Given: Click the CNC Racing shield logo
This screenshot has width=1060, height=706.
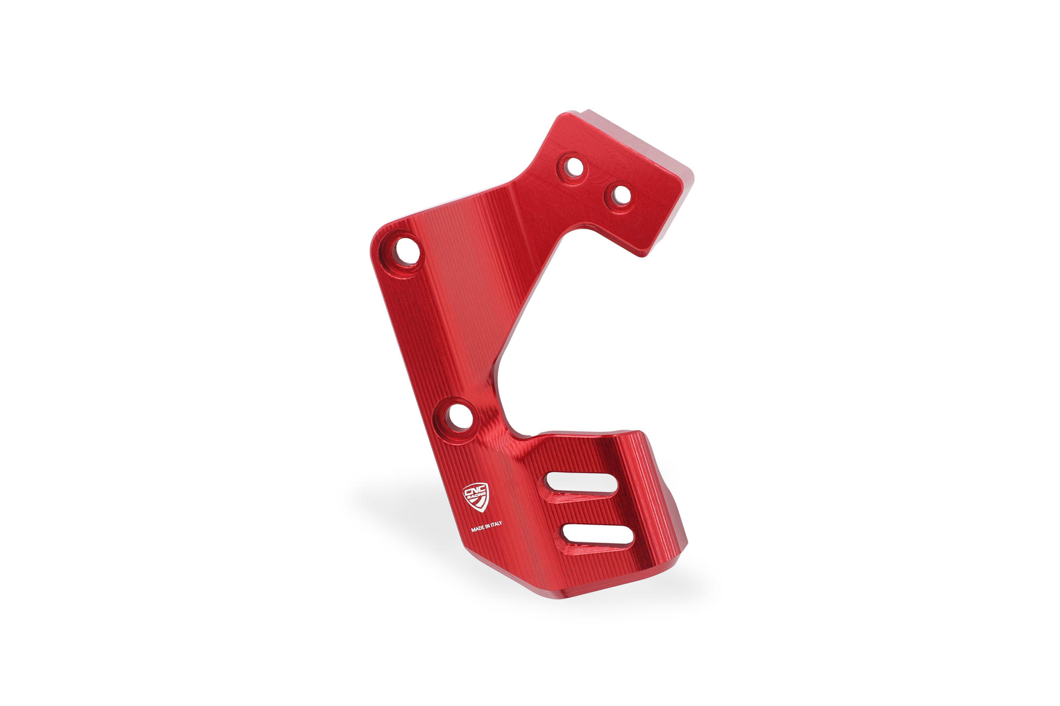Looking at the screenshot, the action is pos(475,497).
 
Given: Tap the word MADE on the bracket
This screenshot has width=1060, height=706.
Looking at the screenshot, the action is pos(478,529).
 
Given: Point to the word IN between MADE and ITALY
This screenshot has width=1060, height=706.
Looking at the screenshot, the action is pos(488,528).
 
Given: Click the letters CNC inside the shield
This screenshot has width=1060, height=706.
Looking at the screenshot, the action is pos(474,491).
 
